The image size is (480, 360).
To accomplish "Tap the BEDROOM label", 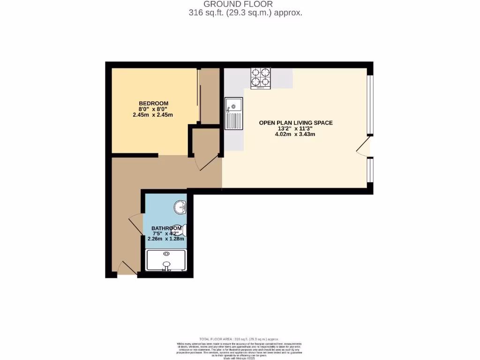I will point(153,103).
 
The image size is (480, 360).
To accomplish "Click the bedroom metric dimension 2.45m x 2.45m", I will point(153,114).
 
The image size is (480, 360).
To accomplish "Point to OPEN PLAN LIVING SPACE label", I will point(296,123).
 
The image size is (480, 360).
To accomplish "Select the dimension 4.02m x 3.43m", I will point(295,134).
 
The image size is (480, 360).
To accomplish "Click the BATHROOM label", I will point(166,228).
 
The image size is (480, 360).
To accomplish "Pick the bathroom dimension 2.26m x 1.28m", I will point(166,239).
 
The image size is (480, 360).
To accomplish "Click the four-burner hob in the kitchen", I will point(261,78).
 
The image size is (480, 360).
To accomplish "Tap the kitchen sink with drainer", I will point(233,113).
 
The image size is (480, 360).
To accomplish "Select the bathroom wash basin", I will point(180,207).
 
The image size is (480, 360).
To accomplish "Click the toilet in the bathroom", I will point(182,230).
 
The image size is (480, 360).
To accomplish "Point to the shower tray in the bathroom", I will point(166,260).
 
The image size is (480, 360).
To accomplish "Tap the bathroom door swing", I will point(135,224).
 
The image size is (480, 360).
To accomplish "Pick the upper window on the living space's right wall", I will point(370,104).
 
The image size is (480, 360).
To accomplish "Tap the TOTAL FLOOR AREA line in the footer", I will point(239,339).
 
